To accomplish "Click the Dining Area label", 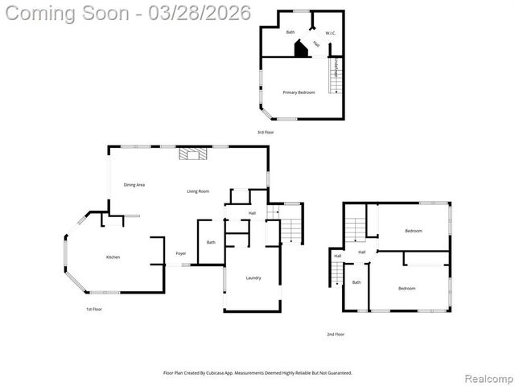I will coord(134,185).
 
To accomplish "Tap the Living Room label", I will coord(198,191).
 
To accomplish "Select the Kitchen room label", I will coord(113,257).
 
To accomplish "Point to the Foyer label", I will coord(181,253).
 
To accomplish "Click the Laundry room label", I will coord(253,277).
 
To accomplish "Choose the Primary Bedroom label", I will coord(299,92).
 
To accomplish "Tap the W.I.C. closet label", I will coord(330,33).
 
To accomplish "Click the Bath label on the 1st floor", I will coord(211,242).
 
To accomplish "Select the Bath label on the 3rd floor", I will coord(290,32).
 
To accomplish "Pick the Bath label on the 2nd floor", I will coord(356,282).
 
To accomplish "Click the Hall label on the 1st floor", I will coord(252,213).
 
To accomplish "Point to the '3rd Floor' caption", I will coord(266,132).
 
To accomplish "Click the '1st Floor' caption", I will coord(94,309).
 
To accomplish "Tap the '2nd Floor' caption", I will coord(336,334).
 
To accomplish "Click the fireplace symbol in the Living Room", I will coord(193,154).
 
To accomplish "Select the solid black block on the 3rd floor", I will coord(301,50).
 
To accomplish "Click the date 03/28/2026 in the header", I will coord(204,13).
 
